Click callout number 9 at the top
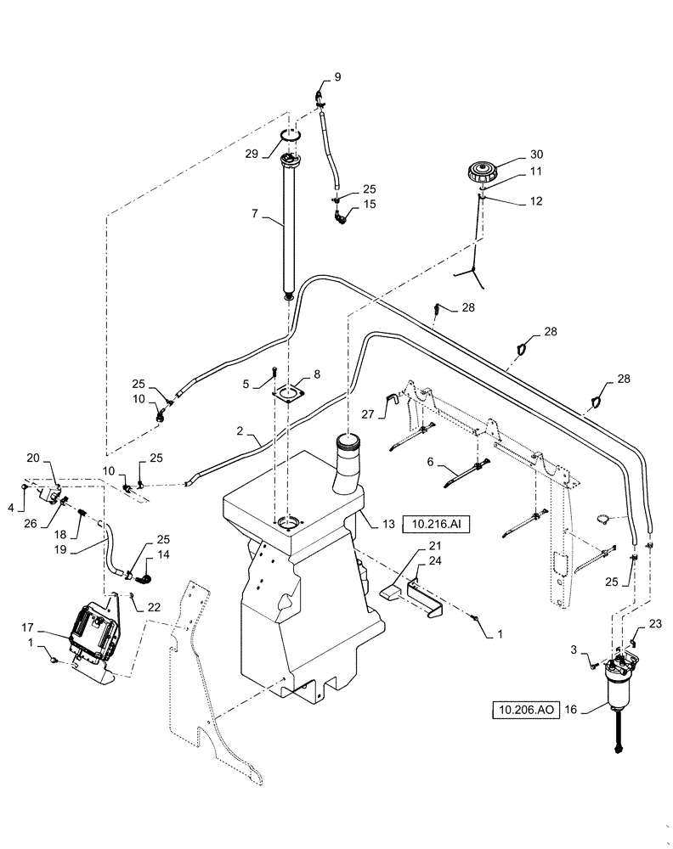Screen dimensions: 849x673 (x=337, y=77)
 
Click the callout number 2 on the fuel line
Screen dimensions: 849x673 (x=240, y=433)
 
